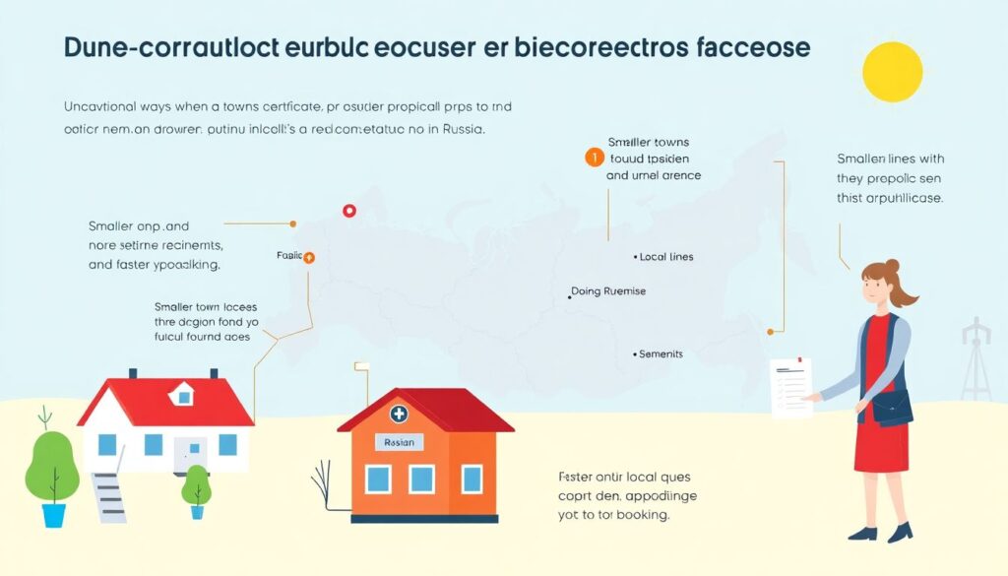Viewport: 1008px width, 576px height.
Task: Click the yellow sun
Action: tap(892, 72)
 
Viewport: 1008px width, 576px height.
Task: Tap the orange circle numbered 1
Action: tap(593, 158)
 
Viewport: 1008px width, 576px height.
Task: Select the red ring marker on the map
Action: tap(347, 210)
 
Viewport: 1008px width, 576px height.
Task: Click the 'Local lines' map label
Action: tap(665, 257)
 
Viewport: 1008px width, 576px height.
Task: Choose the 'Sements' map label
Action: tap(660, 353)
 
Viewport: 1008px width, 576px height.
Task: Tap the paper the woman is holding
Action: tap(791, 389)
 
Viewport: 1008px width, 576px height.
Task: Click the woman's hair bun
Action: tap(892, 266)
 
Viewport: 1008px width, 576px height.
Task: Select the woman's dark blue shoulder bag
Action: tap(891, 407)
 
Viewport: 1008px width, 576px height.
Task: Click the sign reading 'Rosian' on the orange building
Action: tap(399, 443)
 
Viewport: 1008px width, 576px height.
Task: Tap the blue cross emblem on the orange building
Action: tap(399, 415)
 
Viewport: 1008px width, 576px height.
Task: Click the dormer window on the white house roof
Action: tap(181, 395)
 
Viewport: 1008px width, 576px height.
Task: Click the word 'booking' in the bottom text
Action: tap(640, 515)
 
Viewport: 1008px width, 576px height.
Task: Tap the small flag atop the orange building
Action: tap(360, 368)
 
